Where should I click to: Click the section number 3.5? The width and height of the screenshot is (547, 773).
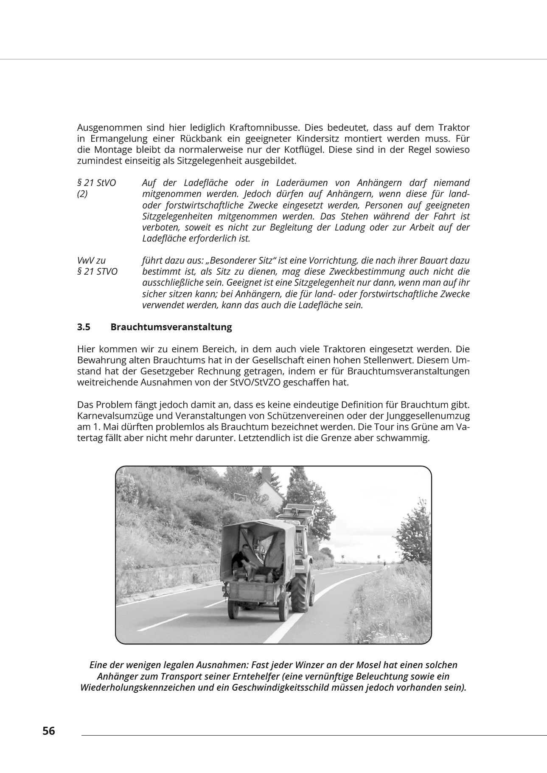(84, 327)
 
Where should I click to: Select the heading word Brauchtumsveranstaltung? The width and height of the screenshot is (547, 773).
(171, 327)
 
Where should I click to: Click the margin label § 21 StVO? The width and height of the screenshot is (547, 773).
(96, 183)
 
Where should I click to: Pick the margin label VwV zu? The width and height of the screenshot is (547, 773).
(91, 260)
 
